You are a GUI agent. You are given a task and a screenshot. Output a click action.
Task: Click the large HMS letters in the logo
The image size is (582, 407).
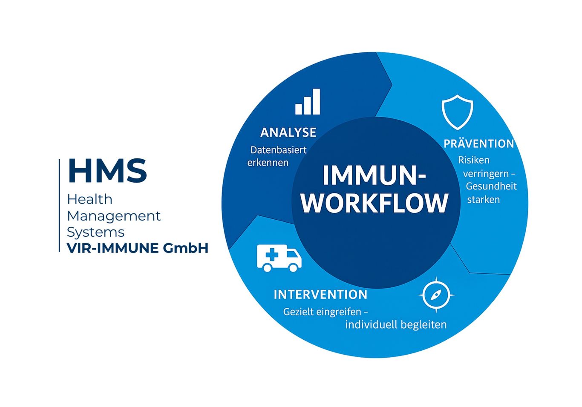click(x=107, y=170)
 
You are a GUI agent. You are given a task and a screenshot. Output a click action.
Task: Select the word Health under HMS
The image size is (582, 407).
click(x=89, y=199)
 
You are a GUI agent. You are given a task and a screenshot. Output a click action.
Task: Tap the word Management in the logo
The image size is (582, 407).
click(x=114, y=216)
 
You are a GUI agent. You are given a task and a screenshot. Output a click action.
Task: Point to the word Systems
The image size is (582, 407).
click(x=95, y=232)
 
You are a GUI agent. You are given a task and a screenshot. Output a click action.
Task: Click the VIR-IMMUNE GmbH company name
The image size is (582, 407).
click(x=138, y=248)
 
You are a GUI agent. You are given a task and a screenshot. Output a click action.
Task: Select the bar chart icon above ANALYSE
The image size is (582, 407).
click(x=308, y=101)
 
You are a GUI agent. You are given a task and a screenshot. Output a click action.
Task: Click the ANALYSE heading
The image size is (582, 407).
click(x=288, y=132)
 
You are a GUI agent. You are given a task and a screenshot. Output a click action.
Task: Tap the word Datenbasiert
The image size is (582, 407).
click(x=278, y=150)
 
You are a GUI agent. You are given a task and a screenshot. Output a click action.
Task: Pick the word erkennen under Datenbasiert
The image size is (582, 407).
click(x=268, y=163)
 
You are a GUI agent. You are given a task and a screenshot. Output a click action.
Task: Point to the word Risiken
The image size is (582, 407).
click(x=474, y=160)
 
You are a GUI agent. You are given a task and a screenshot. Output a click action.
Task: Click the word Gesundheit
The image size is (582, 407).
click(x=491, y=186)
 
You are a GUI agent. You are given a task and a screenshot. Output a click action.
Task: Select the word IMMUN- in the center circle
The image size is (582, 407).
click(x=375, y=175)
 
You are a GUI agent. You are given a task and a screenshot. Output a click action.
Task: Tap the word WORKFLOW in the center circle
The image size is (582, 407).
click(x=375, y=203)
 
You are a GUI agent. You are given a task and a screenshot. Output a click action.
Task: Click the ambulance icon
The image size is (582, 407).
click(x=279, y=258)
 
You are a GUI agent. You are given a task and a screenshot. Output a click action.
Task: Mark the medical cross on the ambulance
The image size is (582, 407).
click(x=272, y=255)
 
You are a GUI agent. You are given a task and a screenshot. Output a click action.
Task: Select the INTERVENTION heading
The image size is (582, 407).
click(x=320, y=295)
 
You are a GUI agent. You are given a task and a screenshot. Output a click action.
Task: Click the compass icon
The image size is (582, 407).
click(x=436, y=295)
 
